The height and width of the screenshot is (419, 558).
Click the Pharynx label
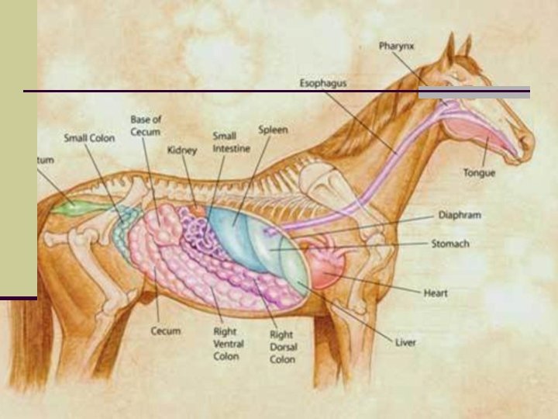(396, 46)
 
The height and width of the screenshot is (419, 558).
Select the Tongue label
(479, 172)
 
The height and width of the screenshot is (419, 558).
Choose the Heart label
(436, 293)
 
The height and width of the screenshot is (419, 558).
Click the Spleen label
(273, 130)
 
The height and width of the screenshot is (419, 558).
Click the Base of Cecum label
(146, 126)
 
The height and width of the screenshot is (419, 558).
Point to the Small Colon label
(88, 138)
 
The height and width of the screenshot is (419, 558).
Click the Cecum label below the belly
(165, 331)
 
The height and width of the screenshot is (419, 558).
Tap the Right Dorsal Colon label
(281, 347)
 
